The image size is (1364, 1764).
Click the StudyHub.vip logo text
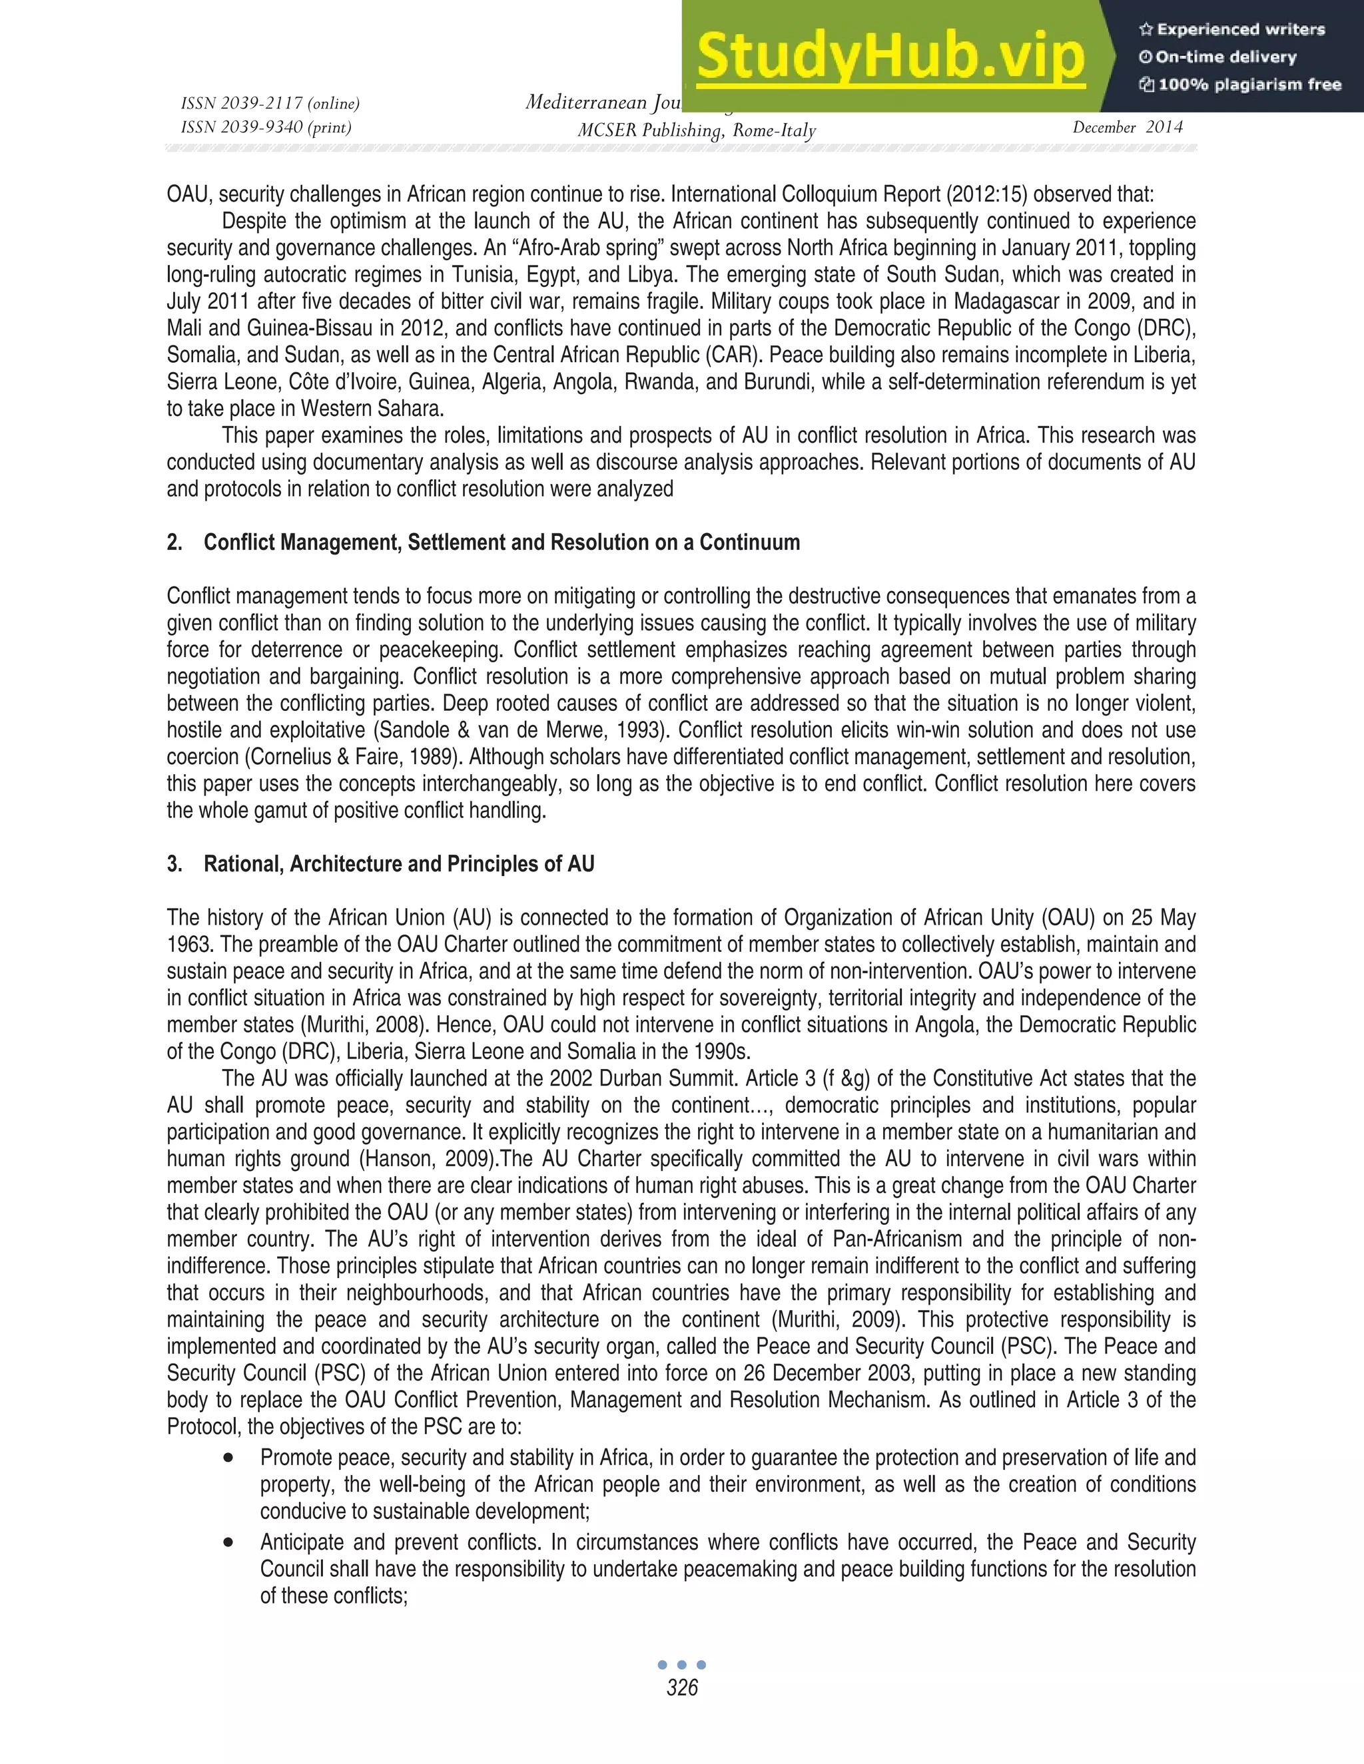(890, 57)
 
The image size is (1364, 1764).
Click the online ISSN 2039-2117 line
(270, 103)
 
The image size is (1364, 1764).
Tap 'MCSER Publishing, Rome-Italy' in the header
(696, 130)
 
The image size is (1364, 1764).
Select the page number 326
(682, 1687)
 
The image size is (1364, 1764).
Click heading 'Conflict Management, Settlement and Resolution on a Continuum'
(501, 542)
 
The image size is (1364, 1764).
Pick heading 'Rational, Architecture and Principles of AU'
(398, 864)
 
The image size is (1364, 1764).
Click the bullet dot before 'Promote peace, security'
(230, 1458)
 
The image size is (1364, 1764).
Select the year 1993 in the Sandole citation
(647, 730)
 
